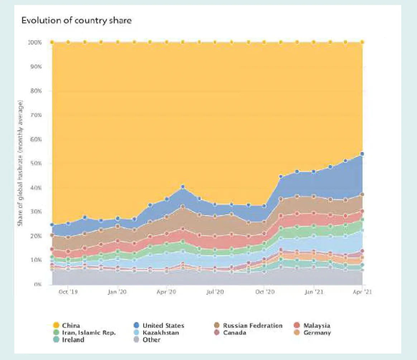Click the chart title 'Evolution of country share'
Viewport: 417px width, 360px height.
tap(76, 20)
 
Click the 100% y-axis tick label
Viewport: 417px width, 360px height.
tap(35, 42)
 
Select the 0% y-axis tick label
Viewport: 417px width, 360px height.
tap(39, 284)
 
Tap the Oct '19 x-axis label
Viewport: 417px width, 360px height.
tap(68, 292)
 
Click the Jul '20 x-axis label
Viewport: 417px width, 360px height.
tap(215, 292)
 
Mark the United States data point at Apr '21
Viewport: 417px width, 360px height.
tap(362, 154)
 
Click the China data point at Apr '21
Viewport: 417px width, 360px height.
tap(362, 42)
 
